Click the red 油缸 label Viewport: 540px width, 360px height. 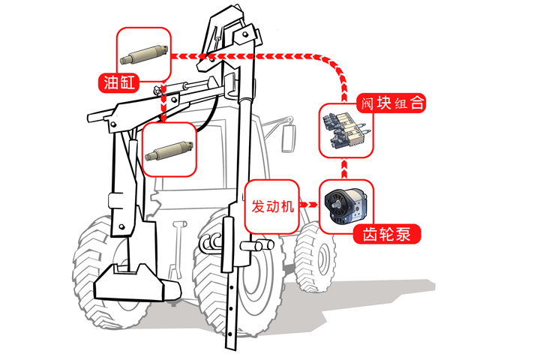coord(118,82)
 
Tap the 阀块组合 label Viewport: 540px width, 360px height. coord(392,103)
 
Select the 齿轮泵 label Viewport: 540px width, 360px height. coord(387,234)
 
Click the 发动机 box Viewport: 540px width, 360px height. coord(271,207)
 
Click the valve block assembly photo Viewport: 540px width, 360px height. coord(346,131)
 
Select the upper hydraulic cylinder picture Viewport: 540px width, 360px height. coord(145,55)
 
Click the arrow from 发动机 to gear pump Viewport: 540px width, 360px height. coord(309,205)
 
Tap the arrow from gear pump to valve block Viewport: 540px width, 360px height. coord(344,169)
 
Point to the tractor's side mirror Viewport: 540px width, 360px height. coord(289,139)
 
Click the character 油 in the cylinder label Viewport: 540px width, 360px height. coord(111,82)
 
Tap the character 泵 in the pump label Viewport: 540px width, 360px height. coord(403,234)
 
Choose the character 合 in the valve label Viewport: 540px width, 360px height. coord(417,103)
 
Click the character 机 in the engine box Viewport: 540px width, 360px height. coord(286,207)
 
